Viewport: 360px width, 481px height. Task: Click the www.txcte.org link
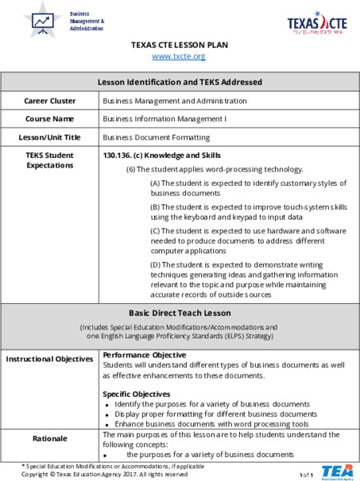coord(179,57)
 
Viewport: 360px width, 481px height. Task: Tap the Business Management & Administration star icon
coord(42,18)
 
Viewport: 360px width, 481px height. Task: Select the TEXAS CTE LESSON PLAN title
coord(179,45)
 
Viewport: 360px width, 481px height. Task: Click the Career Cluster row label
coord(50,101)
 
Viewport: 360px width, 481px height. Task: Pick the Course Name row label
coord(50,119)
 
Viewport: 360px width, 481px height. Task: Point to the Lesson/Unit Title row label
coord(50,137)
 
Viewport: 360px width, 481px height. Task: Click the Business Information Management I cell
coord(164,119)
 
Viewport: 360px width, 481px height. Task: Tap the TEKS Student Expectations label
coord(50,160)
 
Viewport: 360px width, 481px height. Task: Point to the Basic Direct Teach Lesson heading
coord(179,313)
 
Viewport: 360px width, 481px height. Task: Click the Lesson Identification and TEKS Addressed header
coord(179,82)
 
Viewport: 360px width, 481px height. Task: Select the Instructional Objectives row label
coord(50,358)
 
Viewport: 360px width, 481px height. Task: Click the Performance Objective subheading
coord(144,354)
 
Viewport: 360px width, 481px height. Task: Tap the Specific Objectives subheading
coord(136,394)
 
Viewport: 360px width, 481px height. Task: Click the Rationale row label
coord(50,439)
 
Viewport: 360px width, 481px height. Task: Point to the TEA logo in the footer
coord(337,471)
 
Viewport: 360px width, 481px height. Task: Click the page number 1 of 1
coord(307,475)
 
